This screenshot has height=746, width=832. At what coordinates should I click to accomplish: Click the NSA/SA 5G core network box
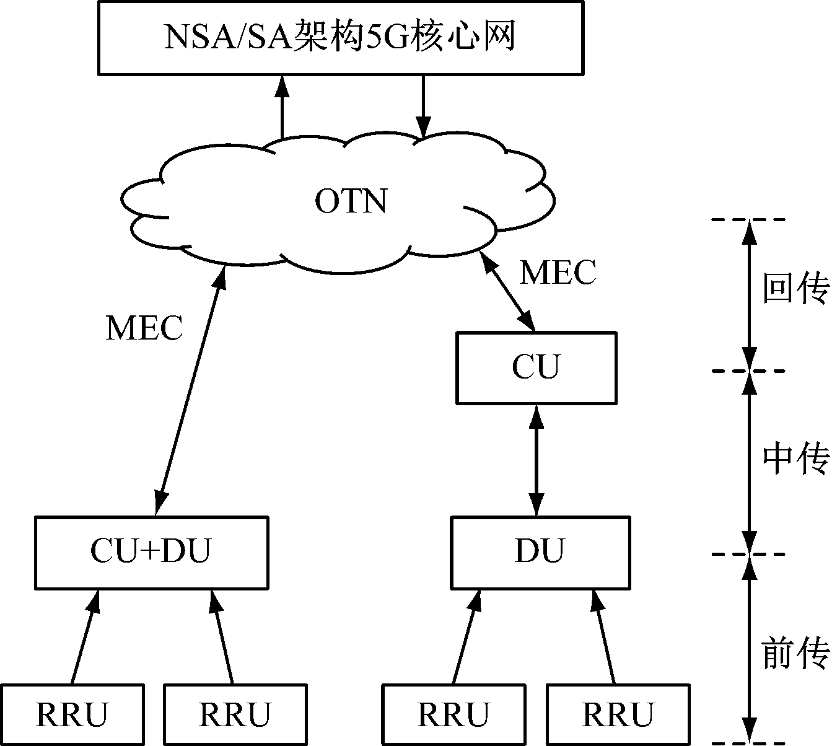pyautogui.click(x=340, y=38)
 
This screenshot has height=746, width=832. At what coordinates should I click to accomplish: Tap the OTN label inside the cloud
pyautogui.click(x=351, y=201)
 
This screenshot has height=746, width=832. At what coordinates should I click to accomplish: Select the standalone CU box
pyautogui.click(x=536, y=367)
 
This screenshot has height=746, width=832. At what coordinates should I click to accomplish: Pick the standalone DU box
pyautogui.click(x=540, y=551)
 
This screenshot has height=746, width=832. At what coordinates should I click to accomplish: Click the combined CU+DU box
pyautogui.click(x=151, y=551)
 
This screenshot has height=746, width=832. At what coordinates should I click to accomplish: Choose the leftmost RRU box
pyautogui.click(x=72, y=714)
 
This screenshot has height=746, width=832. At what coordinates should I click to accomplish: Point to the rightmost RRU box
pyautogui.click(x=618, y=714)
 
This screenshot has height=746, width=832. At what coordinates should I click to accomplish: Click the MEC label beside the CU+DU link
pyautogui.click(x=144, y=328)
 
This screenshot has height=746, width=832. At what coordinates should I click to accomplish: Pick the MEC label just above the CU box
pyautogui.click(x=558, y=272)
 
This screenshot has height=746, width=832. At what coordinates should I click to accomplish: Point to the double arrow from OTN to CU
pyautogui.click(x=508, y=290)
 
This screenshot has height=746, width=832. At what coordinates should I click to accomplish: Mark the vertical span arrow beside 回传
pyautogui.click(x=750, y=295)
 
